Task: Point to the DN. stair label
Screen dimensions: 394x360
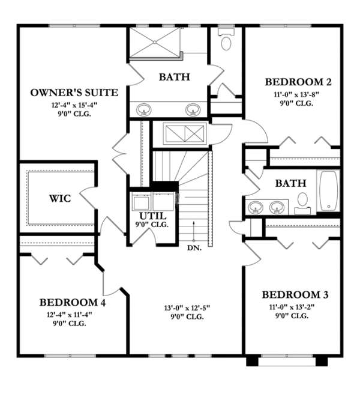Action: point(194,247)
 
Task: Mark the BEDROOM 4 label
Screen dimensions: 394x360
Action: point(73,302)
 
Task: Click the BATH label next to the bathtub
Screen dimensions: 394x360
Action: point(290,183)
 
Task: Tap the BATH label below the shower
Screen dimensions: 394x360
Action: point(174,77)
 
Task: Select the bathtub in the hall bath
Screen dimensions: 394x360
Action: point(329,190)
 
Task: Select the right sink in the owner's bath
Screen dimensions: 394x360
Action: point(192,110)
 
